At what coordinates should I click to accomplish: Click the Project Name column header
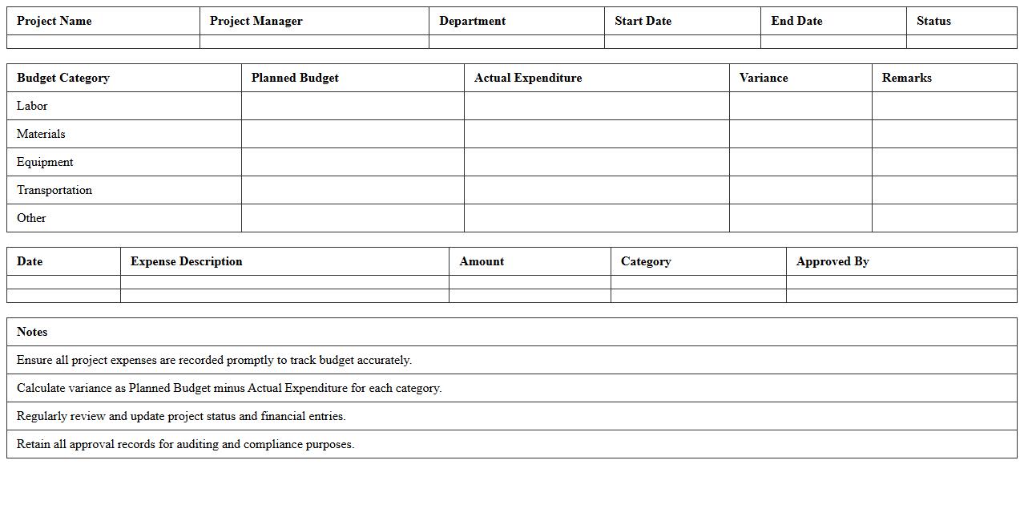[x=54, y=21]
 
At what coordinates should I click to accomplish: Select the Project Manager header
[x=256, y=21]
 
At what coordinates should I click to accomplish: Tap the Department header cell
[x=473, y=21]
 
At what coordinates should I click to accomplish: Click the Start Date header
[x=643, y=21]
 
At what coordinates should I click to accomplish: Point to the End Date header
[x=797, y=21]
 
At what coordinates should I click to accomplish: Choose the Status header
[x=934, y=21]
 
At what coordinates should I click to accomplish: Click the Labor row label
[x=32, y=106]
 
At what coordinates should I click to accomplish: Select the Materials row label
[x=41, y=134]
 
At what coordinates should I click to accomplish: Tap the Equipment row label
[x=45, y=162]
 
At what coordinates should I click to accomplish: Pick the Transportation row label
[x=54, y=190]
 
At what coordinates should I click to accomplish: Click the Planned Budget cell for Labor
[x=353, y=106]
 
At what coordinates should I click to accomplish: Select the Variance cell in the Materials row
[x=800, y=134]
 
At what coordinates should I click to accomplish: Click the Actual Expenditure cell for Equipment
[x=596, y=162]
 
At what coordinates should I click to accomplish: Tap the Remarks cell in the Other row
[x=944, y=218]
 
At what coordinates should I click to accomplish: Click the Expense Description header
[x=187, y=261]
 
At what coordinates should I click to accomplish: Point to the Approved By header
[x=833, y=261]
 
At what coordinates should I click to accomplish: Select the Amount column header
[x=482, y=261]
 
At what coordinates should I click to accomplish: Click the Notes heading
[x=32, y=332]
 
